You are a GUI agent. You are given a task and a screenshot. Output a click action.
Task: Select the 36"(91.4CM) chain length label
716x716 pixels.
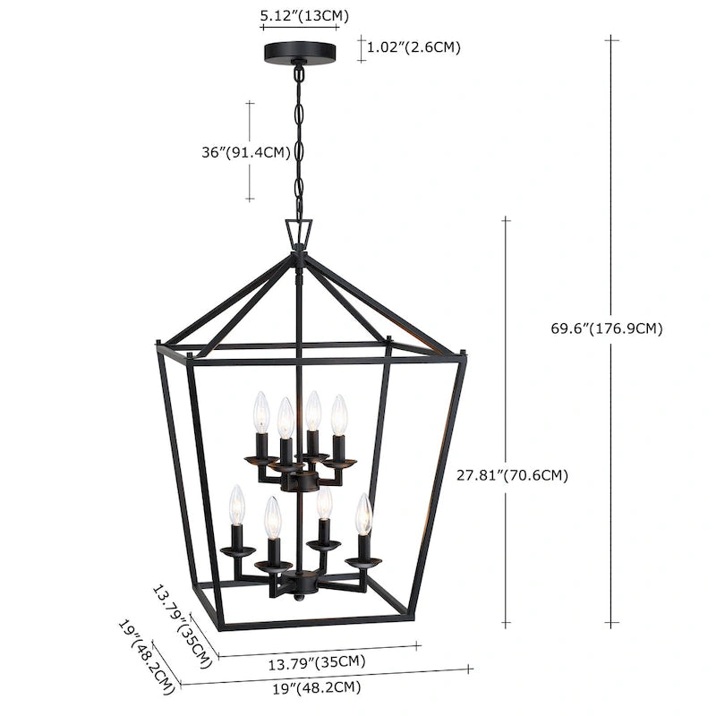click(x=246, y=152)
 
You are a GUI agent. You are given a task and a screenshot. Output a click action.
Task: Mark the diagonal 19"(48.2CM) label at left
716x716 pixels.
click(x=145, y=657)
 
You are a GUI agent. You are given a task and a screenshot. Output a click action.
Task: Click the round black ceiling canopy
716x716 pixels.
click(x=301, y=53)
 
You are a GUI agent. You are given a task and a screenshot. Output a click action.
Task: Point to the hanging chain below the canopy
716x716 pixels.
click(x=299, y=143)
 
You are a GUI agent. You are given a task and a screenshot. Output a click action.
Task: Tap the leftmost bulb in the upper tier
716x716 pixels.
click(x=260, y=412)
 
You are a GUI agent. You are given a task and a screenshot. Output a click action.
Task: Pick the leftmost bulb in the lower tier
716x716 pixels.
click(x=236, y=506)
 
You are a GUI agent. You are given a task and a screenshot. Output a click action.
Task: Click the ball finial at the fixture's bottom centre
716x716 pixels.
click(x=298, y=595)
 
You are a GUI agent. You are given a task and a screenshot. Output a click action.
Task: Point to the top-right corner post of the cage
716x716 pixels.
click(x=464, y=351)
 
